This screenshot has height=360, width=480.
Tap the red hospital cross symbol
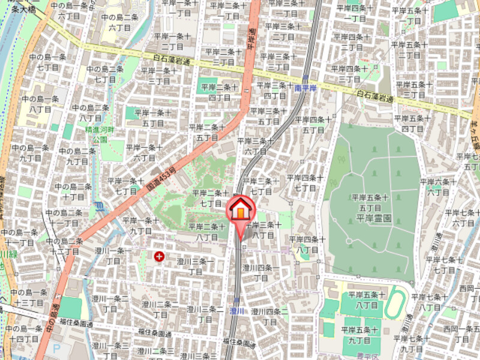159,257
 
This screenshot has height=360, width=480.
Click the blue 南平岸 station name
306,88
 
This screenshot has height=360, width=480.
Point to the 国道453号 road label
161,178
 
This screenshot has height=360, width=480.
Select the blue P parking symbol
56,346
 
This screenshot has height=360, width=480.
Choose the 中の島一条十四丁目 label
25,334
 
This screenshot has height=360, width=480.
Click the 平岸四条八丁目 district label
308,244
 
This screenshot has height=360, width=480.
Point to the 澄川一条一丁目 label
112,256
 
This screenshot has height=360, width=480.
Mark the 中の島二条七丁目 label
105,74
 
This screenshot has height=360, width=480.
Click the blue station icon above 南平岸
306,79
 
